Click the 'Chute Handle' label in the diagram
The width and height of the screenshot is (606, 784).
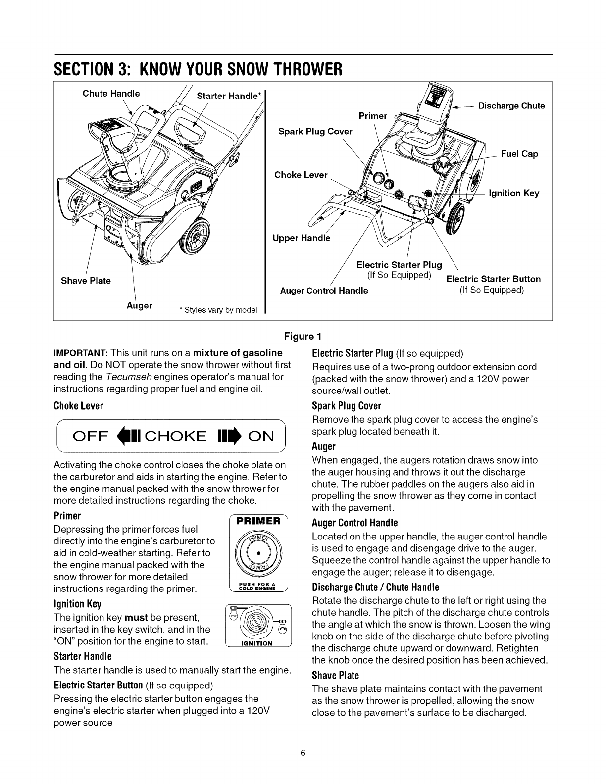click(x=111, y=94)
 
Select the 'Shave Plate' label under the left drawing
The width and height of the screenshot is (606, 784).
click(x=86, y=281)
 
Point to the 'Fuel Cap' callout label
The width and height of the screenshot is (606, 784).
click(x=519, y=154)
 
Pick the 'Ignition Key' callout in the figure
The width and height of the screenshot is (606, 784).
click(x=513, y=193)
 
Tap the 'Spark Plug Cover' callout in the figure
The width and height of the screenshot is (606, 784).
click(x=315, y=131)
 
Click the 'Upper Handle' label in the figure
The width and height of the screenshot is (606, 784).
click(x=301, y=238)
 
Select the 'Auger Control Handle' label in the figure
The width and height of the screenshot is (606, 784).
click(x=324, y=291)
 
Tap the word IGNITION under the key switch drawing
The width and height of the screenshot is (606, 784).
click(x=257, y=643)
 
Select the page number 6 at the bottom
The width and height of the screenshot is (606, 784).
click(x=303, y=753)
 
